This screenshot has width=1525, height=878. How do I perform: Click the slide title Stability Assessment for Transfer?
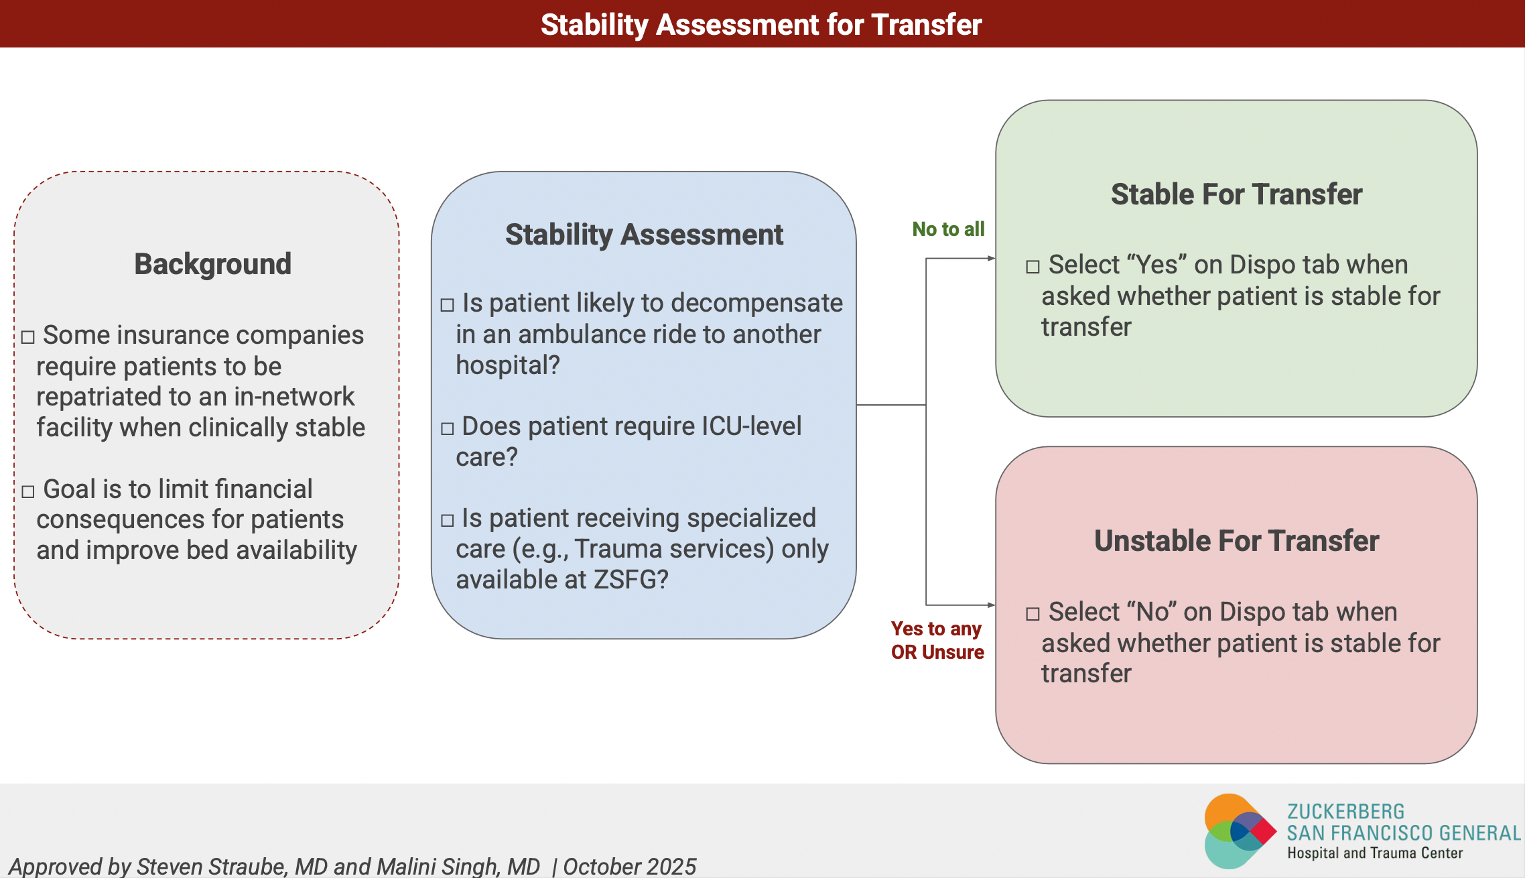tap(761, 25)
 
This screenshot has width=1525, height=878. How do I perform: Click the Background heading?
tap(212, 264)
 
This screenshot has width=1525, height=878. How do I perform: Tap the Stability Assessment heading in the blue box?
tap(644, 235)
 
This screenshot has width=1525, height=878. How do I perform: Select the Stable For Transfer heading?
tap(1236, 194)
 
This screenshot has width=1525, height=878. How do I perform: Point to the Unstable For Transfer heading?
tap(1236, 541)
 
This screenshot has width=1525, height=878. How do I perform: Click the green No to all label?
tap(948, 229)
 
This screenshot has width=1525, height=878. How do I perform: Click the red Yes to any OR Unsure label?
tap(937, 640)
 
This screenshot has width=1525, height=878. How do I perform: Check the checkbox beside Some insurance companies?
tap(28, 337)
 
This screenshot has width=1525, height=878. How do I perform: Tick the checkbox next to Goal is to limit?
tap(28, 492)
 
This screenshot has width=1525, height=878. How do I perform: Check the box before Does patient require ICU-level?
tap(448, 429)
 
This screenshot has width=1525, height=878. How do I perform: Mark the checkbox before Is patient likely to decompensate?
tap(448, 306)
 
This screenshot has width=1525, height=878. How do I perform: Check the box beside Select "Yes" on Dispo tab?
tap(1033, 267)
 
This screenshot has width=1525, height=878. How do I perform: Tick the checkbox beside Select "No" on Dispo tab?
tap(1033, 614)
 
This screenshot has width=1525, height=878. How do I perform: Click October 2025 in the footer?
tap(629, 866)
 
